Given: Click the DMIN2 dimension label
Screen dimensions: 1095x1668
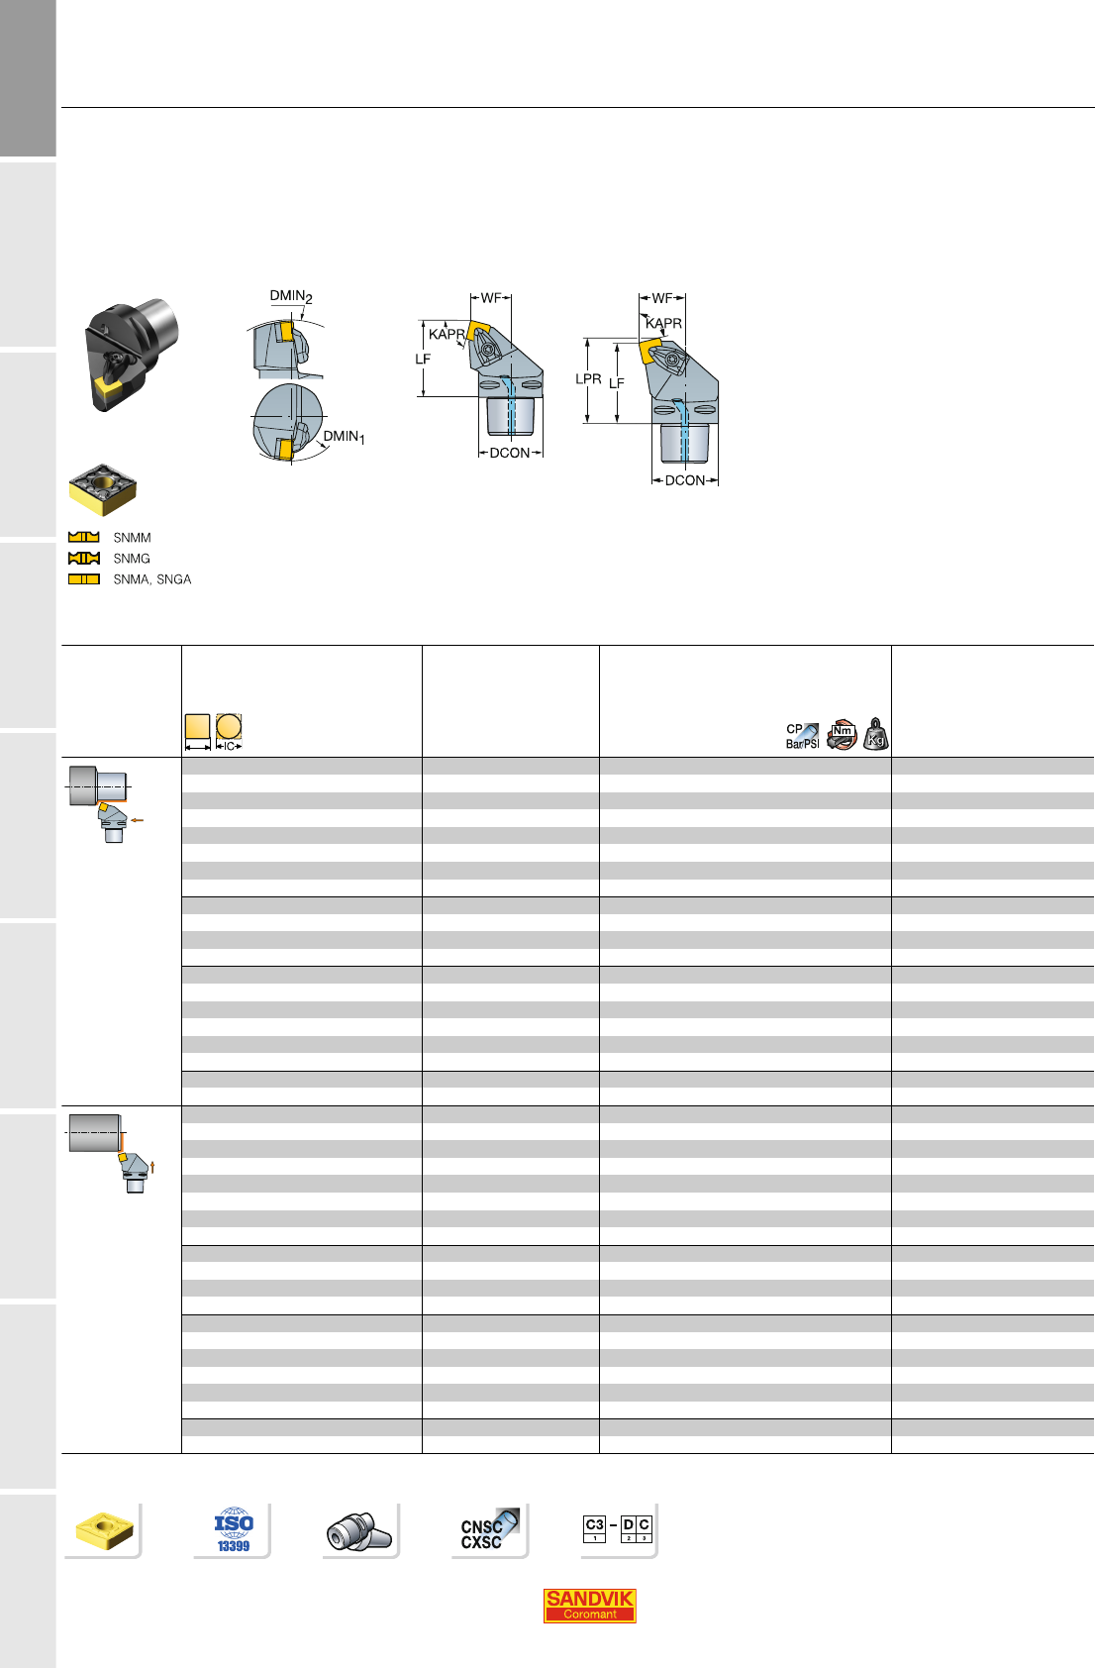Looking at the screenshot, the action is (x=291, y=296).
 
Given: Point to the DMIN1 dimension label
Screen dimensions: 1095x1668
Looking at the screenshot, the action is (x=344, y=437).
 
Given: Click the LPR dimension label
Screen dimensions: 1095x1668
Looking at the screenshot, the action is (x=588, y=379).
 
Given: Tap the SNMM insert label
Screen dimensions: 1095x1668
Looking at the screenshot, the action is (x=132, y=538).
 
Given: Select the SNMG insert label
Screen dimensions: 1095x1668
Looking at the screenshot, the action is (x=132, y=559).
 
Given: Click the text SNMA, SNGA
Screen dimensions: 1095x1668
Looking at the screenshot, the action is (x=151, y=579).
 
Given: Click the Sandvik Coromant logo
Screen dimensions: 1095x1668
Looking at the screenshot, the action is (x=589, y=1606).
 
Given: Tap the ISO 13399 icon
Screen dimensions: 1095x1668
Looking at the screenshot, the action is (x=234, y=1529).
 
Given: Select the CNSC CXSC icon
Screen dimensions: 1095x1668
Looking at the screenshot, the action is (x=489, y=1529).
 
